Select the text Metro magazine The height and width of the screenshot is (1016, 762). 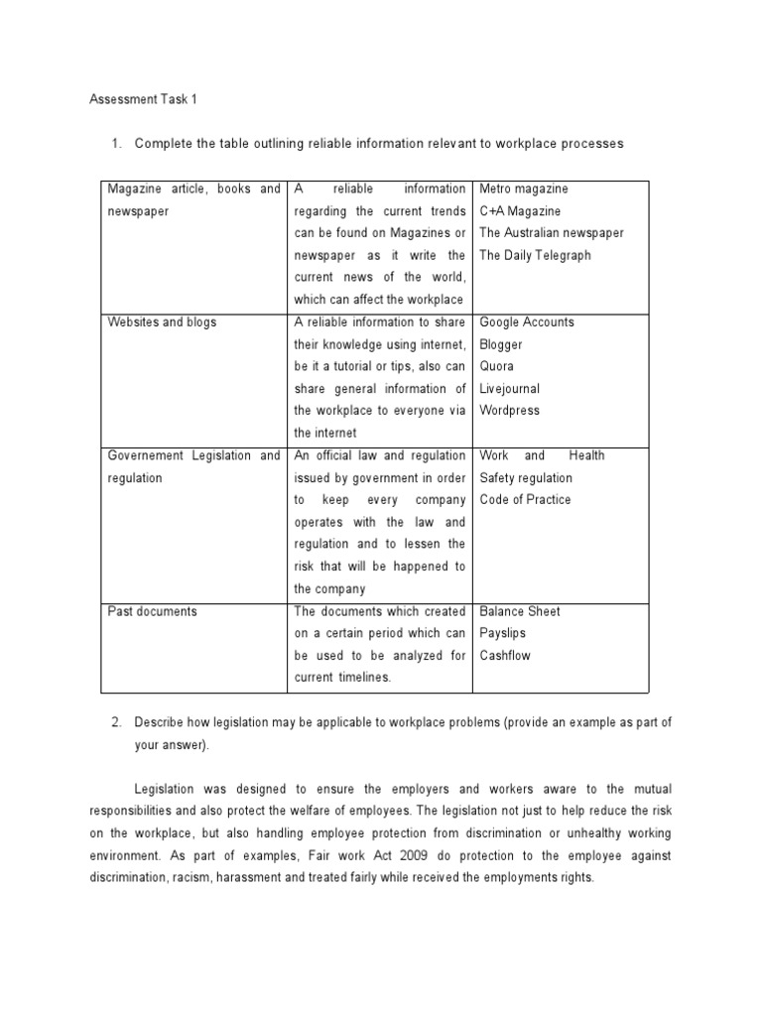[x=524, y=189]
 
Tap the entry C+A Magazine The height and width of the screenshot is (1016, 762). [x=520, y=211]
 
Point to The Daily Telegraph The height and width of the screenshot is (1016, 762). [x=535, y=255]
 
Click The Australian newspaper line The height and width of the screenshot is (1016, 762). [x=552, y=233]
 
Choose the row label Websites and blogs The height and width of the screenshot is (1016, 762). [x=162, y=322]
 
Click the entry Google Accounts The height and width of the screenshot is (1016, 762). [x=527, y=322]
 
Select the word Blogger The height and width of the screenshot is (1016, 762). [x=501, y=344]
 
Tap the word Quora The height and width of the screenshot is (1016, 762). [x=497, y=366]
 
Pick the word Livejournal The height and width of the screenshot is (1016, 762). [x=510, y=389]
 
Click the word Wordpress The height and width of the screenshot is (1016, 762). [x=510, y=411]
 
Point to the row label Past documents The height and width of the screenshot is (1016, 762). [x=152, y=611]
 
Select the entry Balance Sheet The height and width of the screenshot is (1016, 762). [x=520, y=611]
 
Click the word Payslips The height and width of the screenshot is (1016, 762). [x=503, y=633]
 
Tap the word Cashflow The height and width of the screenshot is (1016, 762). [x=506, y=656]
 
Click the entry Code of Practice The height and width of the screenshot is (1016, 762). [x=525, y=500]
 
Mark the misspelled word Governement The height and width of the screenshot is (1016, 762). [x=146, y=455]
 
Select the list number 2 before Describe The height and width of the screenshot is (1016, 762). [x=116, y=722]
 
